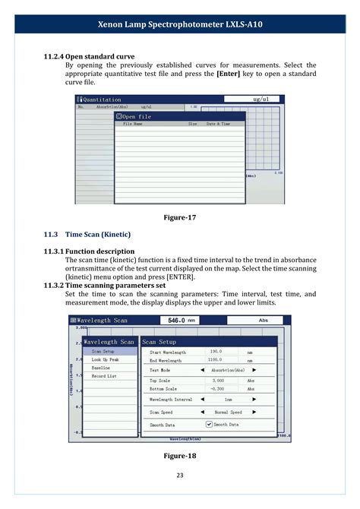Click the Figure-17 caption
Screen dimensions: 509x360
click(x=180, y=218)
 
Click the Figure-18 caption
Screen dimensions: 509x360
click(x=180, y=455)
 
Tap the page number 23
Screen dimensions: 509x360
click(x=180, y=476)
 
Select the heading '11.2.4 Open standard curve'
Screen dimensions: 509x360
click(x=93, y=55)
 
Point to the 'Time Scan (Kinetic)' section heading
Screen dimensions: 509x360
click(x=98, y=234)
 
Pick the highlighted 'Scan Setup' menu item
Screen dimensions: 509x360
click(x=103, y=352)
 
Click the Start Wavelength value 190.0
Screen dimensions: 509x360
click(x=216, y=352)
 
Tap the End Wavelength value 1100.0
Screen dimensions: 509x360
click(x=216, y=360)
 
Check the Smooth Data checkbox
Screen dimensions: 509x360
click(x=210, y=425)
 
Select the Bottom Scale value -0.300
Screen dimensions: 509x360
click(x=218, y=388)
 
